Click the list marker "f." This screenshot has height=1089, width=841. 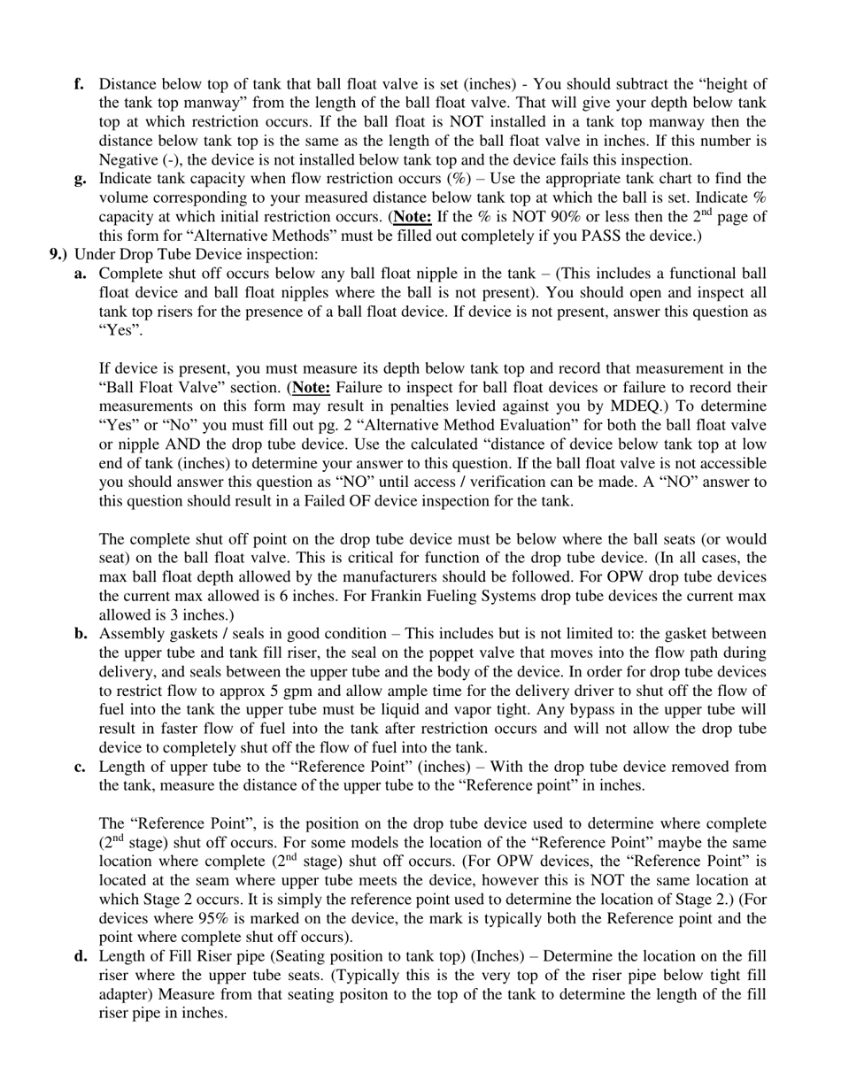[79, 84]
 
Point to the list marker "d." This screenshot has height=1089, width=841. [80, 956]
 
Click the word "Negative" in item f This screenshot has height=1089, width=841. [127, 160]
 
